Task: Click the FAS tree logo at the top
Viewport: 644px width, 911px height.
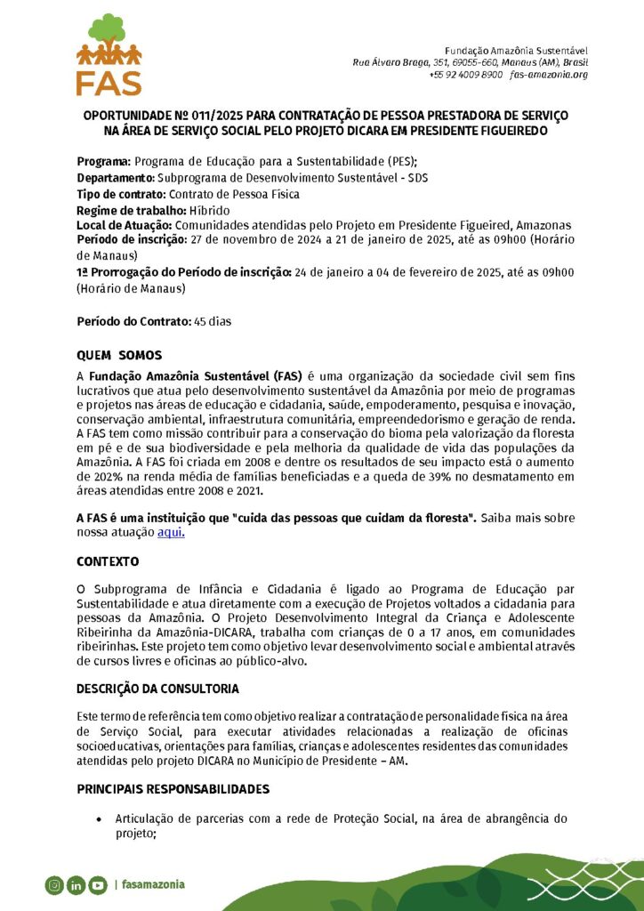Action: tap(109, 53)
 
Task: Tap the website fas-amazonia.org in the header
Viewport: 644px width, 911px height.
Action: tap(549, 75)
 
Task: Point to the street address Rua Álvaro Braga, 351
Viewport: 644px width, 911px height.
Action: tap(391, 62)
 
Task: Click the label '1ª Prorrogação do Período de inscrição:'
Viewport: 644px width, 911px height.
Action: tap(183, 272)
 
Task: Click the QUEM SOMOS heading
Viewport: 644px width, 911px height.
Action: tap(119, 355)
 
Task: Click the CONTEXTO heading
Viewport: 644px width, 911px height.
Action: tap(108, 562)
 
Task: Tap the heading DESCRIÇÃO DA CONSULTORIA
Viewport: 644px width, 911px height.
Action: tap(157, 689)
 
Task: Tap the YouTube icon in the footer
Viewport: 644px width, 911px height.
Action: tap(97, 884)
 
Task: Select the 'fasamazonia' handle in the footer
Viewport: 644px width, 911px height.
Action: tap(152, 884)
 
